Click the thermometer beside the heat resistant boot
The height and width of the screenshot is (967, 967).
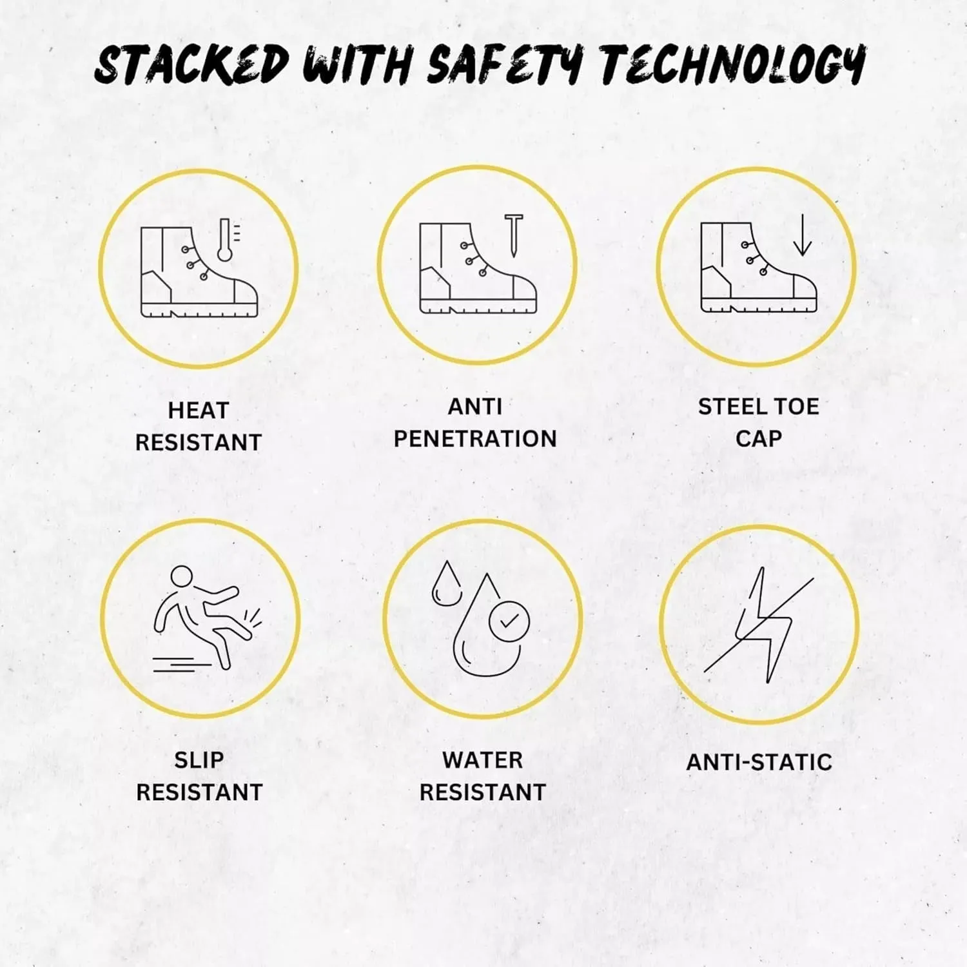(225, 239)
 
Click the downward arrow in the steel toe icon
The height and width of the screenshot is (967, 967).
(802, 235)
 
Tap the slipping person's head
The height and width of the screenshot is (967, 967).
(182, 578)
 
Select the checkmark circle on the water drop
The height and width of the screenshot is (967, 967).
(509, 621)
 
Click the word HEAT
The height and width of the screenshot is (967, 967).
(199, 411)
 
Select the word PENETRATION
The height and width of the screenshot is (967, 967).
(475, 439)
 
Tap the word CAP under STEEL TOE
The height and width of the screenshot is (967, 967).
(759, 439)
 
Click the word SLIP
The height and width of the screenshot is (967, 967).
(199, 760)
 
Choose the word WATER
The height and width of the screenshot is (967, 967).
(482, 760)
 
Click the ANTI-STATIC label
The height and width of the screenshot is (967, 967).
(759, 763)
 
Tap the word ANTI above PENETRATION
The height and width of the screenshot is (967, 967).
(475, 407)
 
